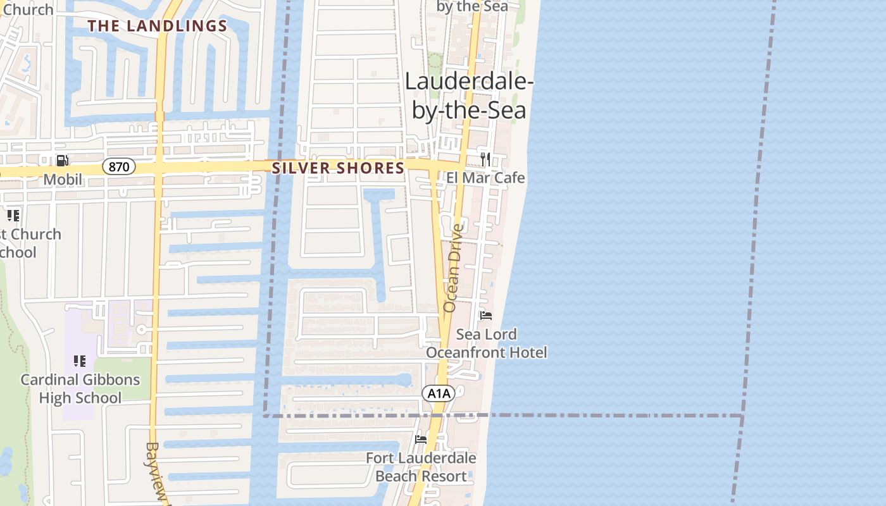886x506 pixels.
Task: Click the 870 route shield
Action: point(118,167)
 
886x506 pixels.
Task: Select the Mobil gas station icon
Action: point(62,161)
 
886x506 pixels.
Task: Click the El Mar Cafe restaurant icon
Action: point(485,159)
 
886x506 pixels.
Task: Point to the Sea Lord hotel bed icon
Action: point(485,316)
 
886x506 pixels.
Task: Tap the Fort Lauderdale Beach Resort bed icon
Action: point(420,439)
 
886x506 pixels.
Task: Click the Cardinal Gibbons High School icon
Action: point(80,361)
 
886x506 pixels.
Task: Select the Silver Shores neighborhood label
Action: point(337,168)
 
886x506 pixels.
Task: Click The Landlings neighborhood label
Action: point(157,26)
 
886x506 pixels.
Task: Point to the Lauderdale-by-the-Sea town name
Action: point(469,95)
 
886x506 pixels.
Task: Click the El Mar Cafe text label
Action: point(485,178)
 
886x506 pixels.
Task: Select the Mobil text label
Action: point(63,180)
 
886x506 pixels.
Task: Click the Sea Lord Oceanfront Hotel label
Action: point(486,343)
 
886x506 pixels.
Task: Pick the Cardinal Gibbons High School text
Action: point(80,388)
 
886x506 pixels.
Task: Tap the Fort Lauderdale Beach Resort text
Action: point(421,466)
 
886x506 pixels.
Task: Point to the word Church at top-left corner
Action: point(28,9)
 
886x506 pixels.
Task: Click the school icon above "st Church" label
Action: point(13,216)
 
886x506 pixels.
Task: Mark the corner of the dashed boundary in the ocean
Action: point(742,416)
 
